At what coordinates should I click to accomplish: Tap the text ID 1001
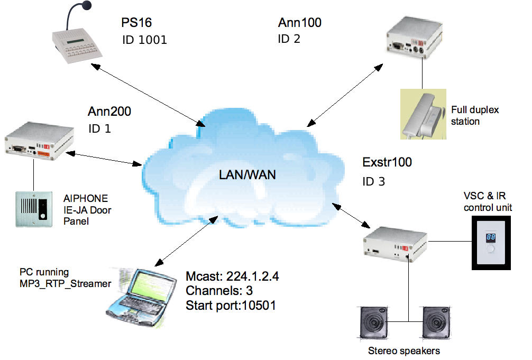144,40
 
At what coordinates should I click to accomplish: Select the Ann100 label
299,23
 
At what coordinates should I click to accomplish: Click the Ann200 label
109,112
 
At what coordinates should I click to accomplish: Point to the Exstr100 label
387,162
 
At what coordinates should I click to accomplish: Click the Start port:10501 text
230,305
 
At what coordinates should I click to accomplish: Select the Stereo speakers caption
403,350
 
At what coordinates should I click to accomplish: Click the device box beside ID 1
38,141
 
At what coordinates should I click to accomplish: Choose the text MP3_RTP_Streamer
65,284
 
